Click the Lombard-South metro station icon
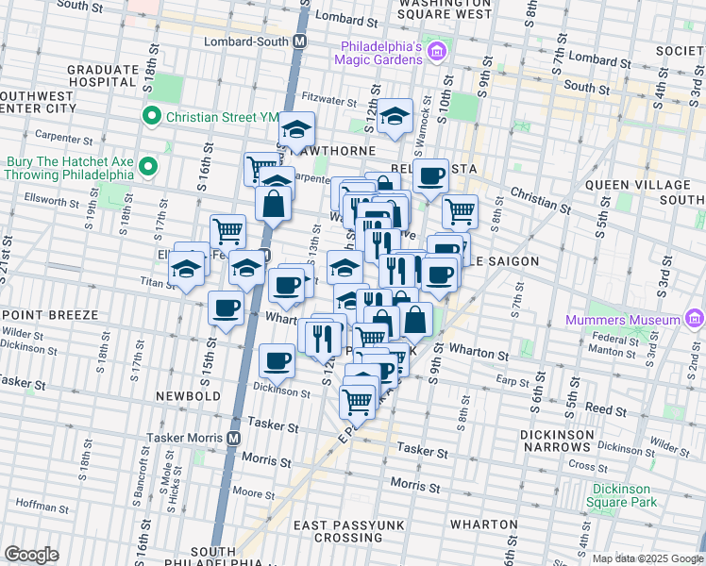tap(300, 42)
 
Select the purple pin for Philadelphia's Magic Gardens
tap(435, 50)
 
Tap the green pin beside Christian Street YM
tap(150, 117)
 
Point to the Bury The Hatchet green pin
tap(146, 168)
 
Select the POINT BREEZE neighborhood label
tap(45, 313)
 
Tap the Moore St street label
tap(253, 492)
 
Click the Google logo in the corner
tap(31, 555)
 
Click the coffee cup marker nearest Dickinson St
tap(277, 361)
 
